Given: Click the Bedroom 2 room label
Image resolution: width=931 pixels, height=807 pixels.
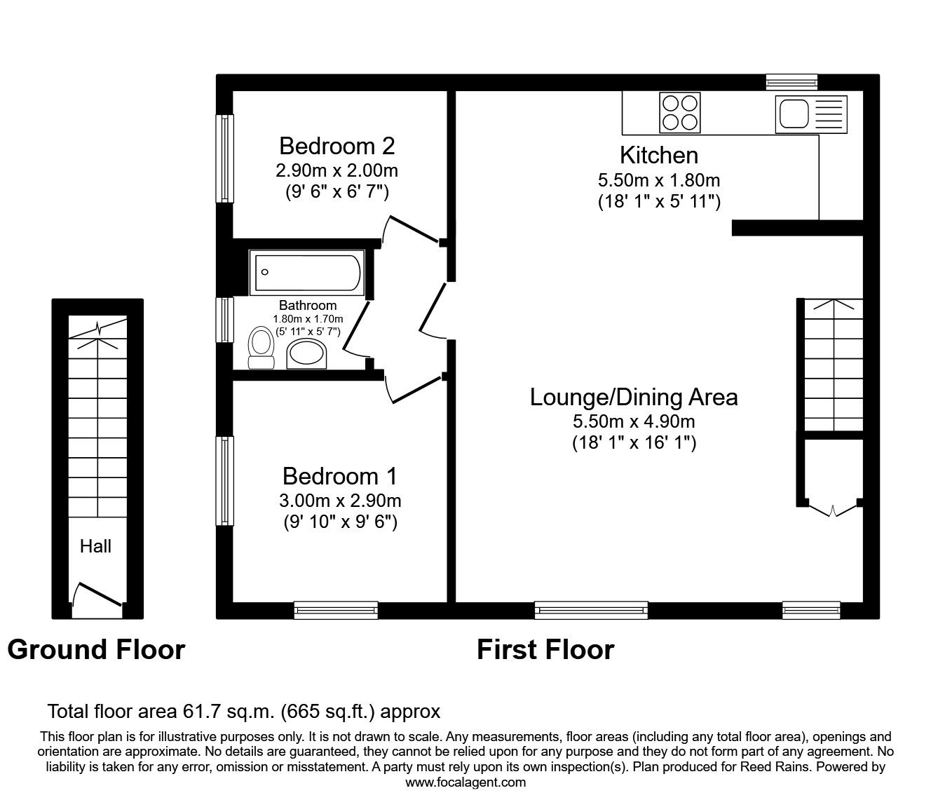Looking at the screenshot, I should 337,146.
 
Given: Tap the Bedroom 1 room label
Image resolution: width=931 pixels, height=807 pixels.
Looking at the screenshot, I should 339,476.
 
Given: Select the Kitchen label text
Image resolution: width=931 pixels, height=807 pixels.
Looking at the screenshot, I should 658,155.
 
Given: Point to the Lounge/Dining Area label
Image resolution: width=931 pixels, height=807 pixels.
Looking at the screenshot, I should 633,398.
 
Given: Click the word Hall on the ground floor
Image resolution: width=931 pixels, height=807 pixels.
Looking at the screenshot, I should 95,546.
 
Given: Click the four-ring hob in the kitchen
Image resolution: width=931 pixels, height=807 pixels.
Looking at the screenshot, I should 679,113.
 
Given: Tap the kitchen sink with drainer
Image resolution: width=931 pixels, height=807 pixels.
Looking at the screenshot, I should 810,113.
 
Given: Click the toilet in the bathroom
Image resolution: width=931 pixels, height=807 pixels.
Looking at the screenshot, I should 261,348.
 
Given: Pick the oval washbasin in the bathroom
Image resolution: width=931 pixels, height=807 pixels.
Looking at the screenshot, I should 308,353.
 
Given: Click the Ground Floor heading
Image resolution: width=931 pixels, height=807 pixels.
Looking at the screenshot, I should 96,650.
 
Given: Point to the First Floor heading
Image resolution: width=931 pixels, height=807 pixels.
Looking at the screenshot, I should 545,650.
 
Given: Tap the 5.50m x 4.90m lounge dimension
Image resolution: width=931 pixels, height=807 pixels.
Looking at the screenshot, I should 633,421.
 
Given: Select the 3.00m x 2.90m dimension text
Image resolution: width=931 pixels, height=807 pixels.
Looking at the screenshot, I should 339,501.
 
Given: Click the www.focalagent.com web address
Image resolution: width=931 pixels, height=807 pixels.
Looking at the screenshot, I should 465,782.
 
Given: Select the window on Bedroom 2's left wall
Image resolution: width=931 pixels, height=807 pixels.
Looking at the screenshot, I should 224,158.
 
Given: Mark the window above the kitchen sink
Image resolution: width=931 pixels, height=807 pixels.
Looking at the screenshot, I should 791,83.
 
